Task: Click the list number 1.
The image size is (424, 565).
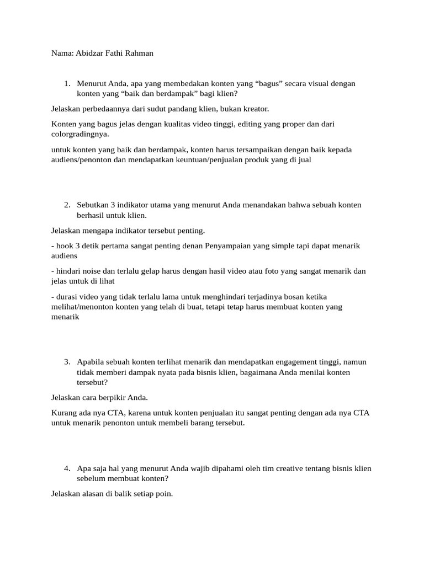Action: pos(66,83)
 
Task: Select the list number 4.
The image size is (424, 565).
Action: pos(66,468)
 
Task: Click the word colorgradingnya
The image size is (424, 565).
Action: pos(79,134)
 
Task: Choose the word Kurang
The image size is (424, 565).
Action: pos(63,413)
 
